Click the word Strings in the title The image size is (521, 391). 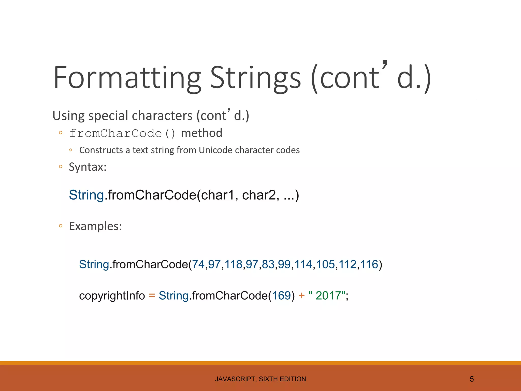tap(255, 78)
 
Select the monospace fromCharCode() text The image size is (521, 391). tap(122, 133)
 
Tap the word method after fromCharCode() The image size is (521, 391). tap(201, 133)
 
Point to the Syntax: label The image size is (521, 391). tap(88, 167)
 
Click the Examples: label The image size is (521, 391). tap(95, 226)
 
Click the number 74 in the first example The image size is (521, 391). tap(198, 264)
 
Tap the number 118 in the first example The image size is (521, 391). tap(233, 264)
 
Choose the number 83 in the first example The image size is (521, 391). tap(268, 264)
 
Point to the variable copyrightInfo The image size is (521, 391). tap(112, 296)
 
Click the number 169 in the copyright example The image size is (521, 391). tap(281, 296)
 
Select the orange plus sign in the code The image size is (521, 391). tap(301, 296)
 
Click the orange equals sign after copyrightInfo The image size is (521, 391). tap(152, 296)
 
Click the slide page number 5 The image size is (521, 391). tap(472, 379)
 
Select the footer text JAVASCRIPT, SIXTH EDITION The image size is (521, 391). tap(260, 379)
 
